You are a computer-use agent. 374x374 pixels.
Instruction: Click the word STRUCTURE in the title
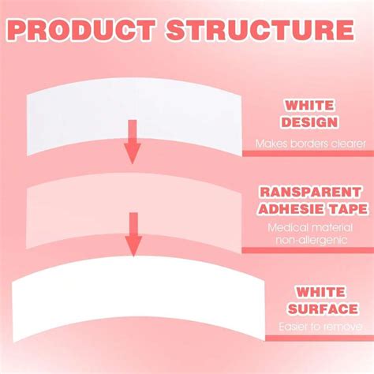point(260,29)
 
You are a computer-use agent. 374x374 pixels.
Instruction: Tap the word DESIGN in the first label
point(309,122)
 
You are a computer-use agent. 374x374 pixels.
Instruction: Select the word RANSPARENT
point(310,192)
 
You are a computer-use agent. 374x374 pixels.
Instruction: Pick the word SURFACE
point(323,309)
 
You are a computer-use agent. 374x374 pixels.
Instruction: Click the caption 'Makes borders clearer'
point(311,144)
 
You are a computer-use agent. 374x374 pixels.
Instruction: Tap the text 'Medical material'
point(310,227)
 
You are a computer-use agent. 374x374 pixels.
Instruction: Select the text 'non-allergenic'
point(312,240)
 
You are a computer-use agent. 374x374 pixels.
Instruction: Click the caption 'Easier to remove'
point(320,327)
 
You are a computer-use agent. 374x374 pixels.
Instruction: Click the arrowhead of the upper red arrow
point(133,154)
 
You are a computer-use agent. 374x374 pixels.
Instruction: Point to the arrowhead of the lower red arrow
point(133,246)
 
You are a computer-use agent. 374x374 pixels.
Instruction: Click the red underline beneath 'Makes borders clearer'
point(308,154)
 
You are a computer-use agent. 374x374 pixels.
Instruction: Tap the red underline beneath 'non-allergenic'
point(308,250)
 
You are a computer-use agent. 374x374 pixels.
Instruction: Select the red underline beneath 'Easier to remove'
point(320,338)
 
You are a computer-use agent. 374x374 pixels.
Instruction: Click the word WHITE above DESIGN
point(309,106)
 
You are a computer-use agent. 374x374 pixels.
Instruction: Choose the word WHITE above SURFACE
point(320,292)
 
